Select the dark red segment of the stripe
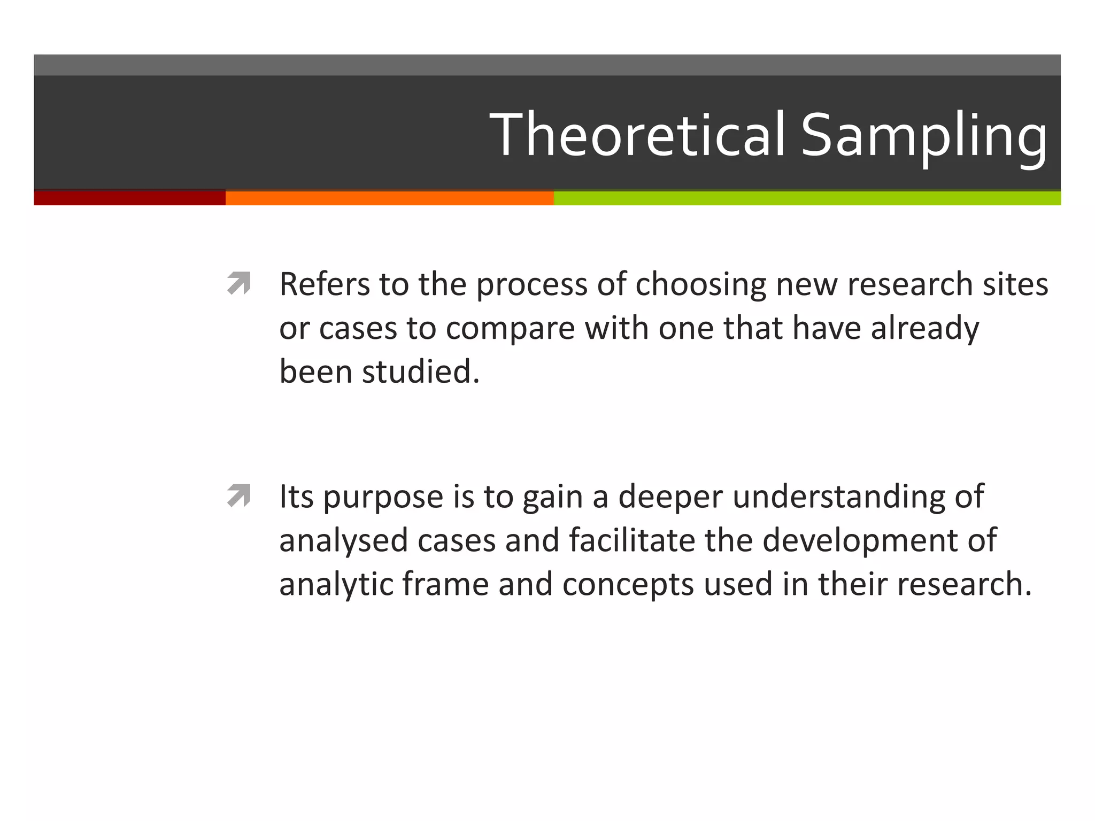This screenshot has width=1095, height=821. (129, 198)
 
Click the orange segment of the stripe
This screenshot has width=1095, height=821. (389, 198)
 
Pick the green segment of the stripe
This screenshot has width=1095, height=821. (807, 198)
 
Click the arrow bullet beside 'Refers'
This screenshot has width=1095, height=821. (238, 283)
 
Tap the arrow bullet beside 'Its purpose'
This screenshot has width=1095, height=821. (238, 495)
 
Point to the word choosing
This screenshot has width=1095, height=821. (700, 285)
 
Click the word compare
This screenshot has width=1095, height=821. (510, 329)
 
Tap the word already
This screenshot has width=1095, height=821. (925, 329)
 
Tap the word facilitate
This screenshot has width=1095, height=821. (631, 540)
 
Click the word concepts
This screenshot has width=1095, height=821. (628, 585)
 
